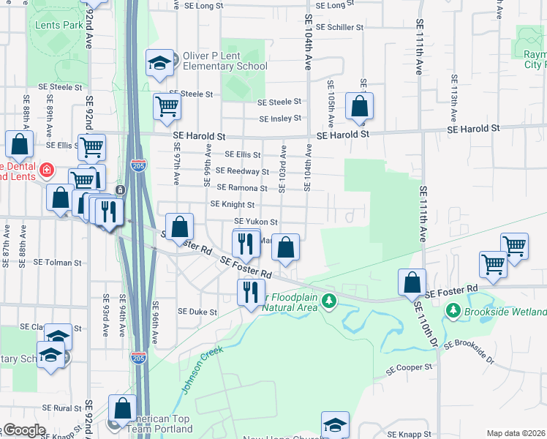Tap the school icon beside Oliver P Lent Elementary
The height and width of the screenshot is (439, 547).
point(159,62)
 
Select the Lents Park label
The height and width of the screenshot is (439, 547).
point(59,25)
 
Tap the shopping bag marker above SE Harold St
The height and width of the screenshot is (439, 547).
point(359,106)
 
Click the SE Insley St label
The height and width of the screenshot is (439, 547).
point(280,119)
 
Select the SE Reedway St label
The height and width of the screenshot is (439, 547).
point(247,171)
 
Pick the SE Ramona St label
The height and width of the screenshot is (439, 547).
point(247,188)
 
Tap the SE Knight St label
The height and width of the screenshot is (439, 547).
point(232,205)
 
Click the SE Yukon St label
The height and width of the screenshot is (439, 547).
point(256,222)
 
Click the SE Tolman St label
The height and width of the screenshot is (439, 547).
point(57,262)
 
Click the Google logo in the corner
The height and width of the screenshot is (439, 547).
point(23,431)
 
